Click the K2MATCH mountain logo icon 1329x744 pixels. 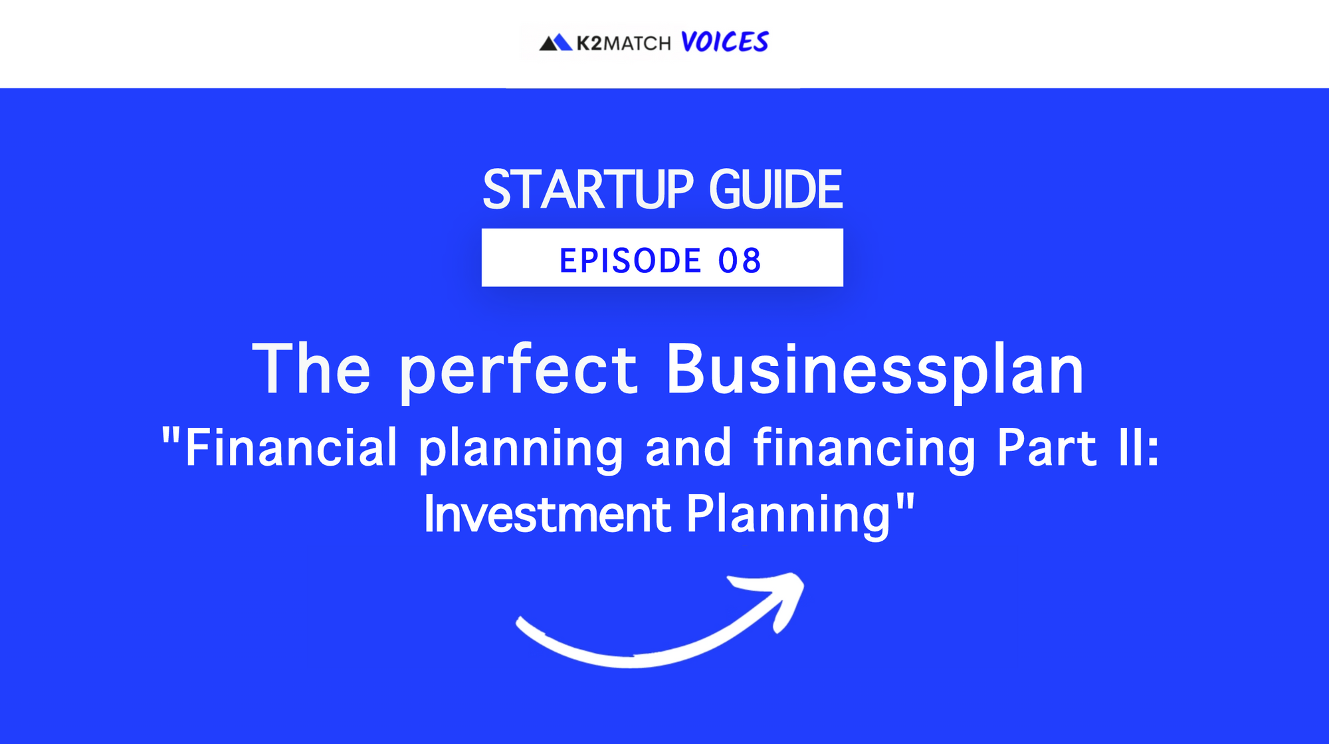pyautogui.click(x=556, y=43)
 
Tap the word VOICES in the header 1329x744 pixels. pyautogui.click(x=724, y=42)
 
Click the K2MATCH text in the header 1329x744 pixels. pyautogui.click(x=623, y=44)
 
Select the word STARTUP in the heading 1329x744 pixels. pyautogui.click(x=588, y=190)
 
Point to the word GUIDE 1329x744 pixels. pyautogui.click(x=775, y=190)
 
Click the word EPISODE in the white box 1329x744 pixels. pyautogui.click(x=630, y=260)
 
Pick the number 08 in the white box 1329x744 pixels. pyautogui.click(x=740, y=260)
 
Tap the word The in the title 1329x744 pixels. pyautogui.click(x=311, y=369)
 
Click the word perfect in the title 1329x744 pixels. pyautogui.click(x=518, y=372)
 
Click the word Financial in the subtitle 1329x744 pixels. pyautogui.click(x=291, y=448)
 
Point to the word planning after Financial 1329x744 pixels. pyautogui.click(x=521, y=450)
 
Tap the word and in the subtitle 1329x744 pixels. pyautogui.click(x=688, y=448)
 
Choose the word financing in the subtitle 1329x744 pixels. pyautogui.click(x=864, y=450)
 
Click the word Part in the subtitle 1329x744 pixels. pyautogui.click(x=1047, y=448)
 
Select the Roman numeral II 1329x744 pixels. pyautogui.click(x=1131, y=448)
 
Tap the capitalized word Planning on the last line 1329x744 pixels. pyautogui.click(x=789, y=515)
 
